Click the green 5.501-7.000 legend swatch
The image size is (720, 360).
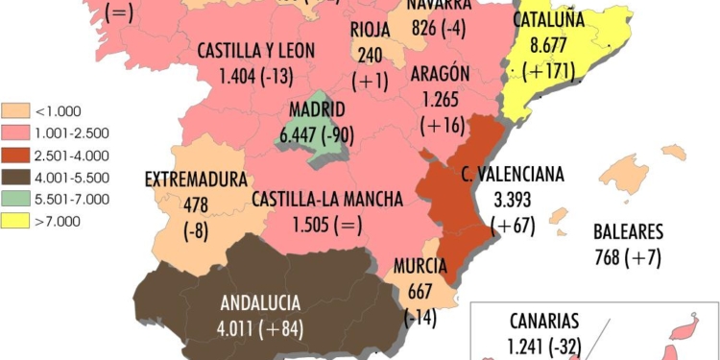[x=13, y=199]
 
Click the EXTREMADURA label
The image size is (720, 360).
[x=196, y=179]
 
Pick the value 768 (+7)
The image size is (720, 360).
[x=628, y=256]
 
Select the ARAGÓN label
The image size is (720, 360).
[x=439, y=74]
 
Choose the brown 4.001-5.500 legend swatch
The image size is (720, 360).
[x=13, y=177]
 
